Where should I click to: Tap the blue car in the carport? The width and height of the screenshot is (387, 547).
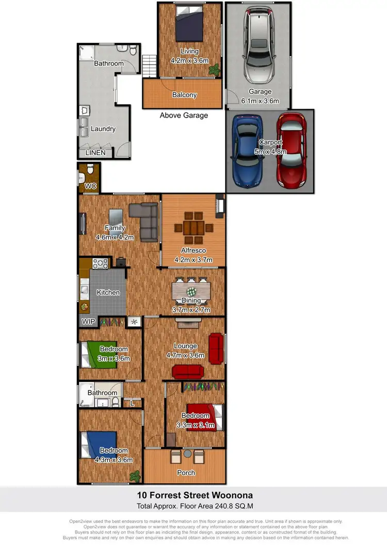247,151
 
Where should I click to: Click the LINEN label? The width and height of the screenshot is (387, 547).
95,153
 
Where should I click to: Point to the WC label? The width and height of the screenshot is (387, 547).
90,186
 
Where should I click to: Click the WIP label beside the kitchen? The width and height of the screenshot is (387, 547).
87,321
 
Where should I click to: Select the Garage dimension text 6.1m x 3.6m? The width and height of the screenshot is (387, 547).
260,101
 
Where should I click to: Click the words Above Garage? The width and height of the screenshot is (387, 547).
184,115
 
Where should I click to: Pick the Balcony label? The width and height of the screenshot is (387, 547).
184,95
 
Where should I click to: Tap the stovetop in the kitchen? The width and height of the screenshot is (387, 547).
100,263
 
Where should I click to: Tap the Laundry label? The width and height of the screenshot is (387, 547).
103,129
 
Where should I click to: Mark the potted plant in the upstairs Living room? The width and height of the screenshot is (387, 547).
216,69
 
